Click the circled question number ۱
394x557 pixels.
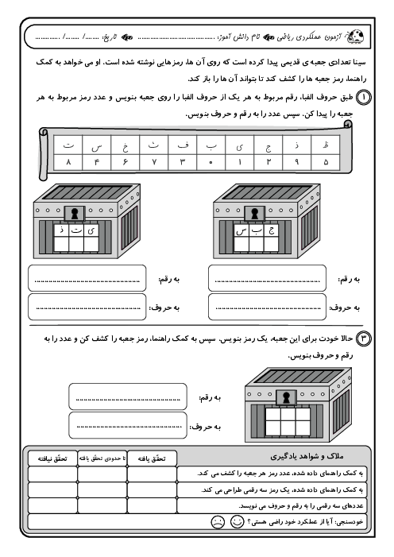(x=364, y=97)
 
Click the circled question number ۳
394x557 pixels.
(x=364, y=338)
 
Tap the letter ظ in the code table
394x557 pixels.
(x=326, y=145)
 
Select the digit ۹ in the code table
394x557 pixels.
(x=296, y=162)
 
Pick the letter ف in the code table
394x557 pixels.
(x=182, y=145)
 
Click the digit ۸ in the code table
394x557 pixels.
(x=68, y=162)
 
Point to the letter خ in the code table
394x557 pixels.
(x=125, y=146)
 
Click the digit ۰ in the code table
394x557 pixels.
(x=211, y=163)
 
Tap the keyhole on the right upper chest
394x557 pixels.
(x=254, y=214)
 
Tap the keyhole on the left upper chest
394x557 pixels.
(x=74, y=214)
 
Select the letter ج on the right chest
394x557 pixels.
(x=272, y=230)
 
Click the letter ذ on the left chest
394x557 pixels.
(x=62, y=230)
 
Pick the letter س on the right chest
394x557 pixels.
(x=241, y=231)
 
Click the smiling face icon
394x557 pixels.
(x=237, y=521)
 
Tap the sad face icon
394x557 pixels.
(x=218, y=522)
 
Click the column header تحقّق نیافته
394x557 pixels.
(x=52, y=458)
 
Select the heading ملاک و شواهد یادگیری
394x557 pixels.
(x=307, y=456)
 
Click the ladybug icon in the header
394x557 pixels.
(x=355, y=37)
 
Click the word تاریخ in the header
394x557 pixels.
(x=110, y=37)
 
